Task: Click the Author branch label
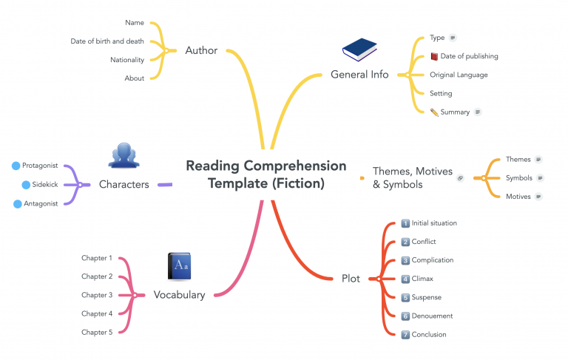(x=201, y=50)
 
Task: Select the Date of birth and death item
(x=107, y=41)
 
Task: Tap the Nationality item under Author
(x=127, y=60)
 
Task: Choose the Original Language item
(x=459, y=75)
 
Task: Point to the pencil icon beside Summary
(x=434, y=112)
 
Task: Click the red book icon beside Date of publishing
(x=434, y=56)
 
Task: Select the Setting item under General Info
(x=441, y=93)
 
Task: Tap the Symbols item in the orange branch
(x=518, y=178)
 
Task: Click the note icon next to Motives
(x=538, y=197)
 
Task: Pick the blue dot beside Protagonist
(x=16, y=166)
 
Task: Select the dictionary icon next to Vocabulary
(x=179, y=267)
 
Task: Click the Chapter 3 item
(x=97, y=295)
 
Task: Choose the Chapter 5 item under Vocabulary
(x=97, y=332)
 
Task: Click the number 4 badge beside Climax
(x=405, y=279)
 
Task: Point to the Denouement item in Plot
(x=432, y=316)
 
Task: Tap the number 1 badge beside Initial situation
(x=405, y=223)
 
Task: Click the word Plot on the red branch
(x=351, y=279)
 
